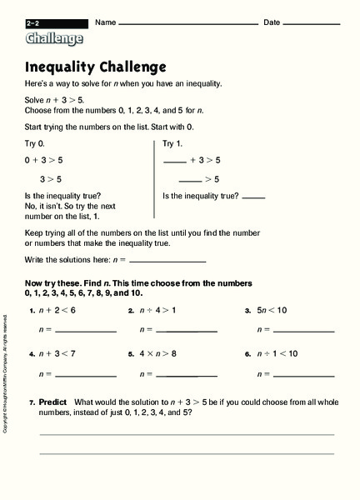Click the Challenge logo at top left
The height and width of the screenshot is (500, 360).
54,37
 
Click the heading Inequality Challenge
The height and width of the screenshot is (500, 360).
96,67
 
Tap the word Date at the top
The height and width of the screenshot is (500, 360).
272,22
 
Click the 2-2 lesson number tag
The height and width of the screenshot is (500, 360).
34,22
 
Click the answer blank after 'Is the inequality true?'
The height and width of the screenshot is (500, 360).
253,197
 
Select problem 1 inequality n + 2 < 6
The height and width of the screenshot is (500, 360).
57,310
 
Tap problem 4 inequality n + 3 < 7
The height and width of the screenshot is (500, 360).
57,353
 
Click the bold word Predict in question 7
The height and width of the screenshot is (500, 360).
52,402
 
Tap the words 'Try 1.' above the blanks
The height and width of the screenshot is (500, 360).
172,143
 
